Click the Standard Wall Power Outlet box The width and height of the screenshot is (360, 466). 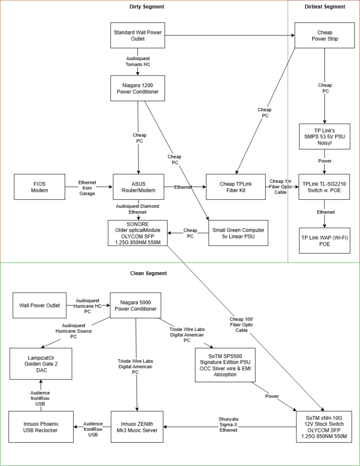(x=137, y=35)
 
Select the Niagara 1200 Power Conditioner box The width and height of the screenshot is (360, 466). (x=137, y=88)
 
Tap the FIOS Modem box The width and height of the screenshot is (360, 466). (x=40, y=187)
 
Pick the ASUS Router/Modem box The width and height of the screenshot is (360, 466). (x=138, y=187)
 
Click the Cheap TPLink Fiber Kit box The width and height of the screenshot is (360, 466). (x=235, y=187)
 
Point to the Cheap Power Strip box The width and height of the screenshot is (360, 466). (x=325, y=35)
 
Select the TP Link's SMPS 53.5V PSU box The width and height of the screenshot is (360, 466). (x=325, y=137)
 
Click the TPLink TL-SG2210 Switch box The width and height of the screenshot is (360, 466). (x=325, y=187)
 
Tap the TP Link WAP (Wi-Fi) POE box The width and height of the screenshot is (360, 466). (x=325, y=241)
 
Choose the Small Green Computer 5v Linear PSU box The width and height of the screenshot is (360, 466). (x=238, y=233)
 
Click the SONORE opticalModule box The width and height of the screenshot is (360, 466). (x=137, y=233)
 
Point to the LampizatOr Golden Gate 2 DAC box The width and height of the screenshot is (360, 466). (x=41, y=364)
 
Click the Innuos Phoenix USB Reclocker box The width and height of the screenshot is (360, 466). (x=41, y=427)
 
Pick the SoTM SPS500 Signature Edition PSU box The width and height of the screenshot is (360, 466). (x=225, y=365)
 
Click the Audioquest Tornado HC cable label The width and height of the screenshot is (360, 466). (x=137, y=61)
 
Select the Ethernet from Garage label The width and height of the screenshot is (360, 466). (x=87, y=188)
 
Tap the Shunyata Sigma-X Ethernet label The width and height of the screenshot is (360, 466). (x=228, y=424)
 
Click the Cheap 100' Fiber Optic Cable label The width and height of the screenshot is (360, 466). (x=241, y=324)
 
